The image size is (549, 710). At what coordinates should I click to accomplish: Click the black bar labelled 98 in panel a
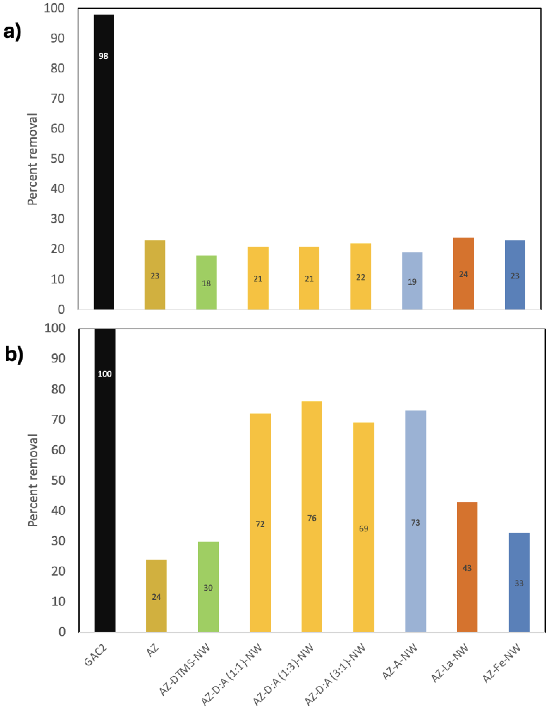point(104,163)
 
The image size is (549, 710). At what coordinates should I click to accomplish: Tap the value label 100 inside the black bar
point(105,374)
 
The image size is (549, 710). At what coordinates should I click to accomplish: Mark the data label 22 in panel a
point(360,277)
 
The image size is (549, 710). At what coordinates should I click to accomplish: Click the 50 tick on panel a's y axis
point(58,159)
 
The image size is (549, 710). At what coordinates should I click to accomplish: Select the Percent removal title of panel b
point(33,480)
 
